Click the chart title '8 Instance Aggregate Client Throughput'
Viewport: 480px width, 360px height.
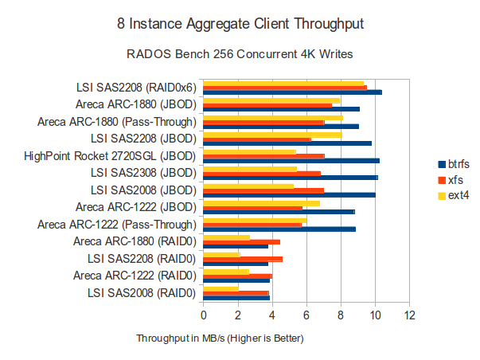click(x=240, y=25)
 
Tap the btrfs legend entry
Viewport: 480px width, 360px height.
click(x=454, y=163)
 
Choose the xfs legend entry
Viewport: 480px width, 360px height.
click(x=451, y=179)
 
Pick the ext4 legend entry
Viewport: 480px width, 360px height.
click(x=453, y=195)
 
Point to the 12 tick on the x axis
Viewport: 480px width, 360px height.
click(x=409, y=315)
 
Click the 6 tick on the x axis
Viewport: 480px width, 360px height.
click(x=306, y=315)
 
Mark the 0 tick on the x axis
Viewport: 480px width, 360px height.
click(x=204, y=315)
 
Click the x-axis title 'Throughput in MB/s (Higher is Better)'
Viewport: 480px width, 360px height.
click(x=220, y=338)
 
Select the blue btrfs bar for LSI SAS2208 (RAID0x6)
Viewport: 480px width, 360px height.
click(x=292, y=92)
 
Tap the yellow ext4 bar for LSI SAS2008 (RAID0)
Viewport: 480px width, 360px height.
click(x=221, y=288)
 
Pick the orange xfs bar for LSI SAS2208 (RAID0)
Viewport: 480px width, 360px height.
click(x=243, y=259)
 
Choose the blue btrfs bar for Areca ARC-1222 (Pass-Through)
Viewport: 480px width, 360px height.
click(x=279, y=229)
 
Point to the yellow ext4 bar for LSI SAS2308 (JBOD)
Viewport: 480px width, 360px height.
click(x=250, y=169)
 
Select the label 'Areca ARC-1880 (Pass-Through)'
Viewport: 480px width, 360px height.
click(x=116, y=122)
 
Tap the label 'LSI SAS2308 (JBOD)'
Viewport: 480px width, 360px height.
click(x=142, y=172)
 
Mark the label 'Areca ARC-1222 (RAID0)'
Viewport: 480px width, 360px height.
click(x=136, y=276)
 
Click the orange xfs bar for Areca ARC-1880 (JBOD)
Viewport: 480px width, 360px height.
click(x=267, y=104)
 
